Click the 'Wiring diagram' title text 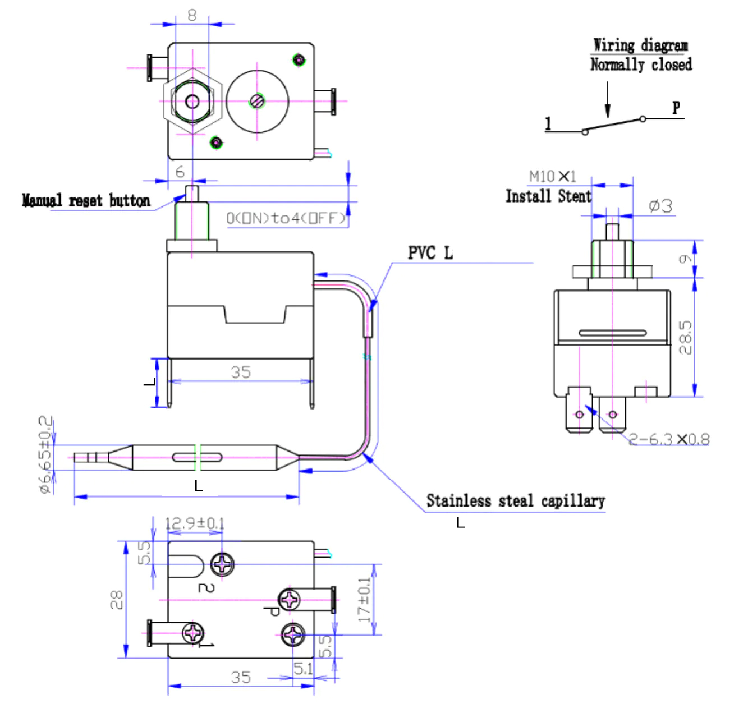640,45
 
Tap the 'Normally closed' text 640,65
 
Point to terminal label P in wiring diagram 676,107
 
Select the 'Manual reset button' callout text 86,200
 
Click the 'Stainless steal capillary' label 515,500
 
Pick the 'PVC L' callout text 430,253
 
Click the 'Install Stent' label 548,196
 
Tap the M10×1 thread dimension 552,176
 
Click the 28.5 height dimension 685,337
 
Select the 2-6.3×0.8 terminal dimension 668,439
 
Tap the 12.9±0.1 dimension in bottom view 195,523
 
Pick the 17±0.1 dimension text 365,600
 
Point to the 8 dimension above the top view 192,15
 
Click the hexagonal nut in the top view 192,102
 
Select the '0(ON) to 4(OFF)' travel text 286,218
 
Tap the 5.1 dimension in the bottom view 303,668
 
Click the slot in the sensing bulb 197,457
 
